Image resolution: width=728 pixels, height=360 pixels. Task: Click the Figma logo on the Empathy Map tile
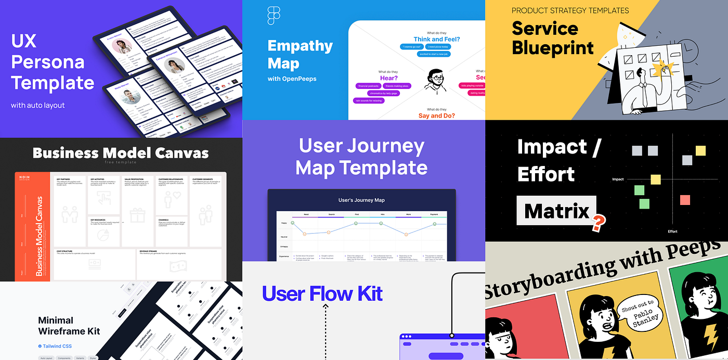pyautogui.click(x=274, y=16)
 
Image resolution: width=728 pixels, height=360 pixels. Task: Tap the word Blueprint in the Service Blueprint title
pyautogui.click(x=552, y=48)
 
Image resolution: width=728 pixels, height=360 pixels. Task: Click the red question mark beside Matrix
pyautogui.click(x=599, y=223)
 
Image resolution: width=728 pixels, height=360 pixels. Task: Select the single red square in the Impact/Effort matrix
pyautogui.click(x=685, y=200)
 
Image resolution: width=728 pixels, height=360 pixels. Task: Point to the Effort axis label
pyautogui.click(x=672, y=232)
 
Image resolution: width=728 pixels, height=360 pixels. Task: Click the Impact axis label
pyautogui.click(x=618, y=179)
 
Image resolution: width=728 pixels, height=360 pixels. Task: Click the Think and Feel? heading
pyautogui.click(x=437, y=39)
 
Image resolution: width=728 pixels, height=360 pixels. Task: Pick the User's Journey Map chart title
pyautogui.click(x=361, y=200)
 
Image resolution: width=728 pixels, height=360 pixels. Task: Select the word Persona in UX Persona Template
pyautogui.click(x=47, y=62)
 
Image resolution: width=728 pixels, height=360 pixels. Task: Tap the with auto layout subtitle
pyautogui.click(x=38, y=105)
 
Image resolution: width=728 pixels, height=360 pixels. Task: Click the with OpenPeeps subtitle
pyautogui.click(x=292, y=79)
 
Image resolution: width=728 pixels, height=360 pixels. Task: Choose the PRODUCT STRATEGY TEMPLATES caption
pyautogui.click(x=570, y=10)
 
